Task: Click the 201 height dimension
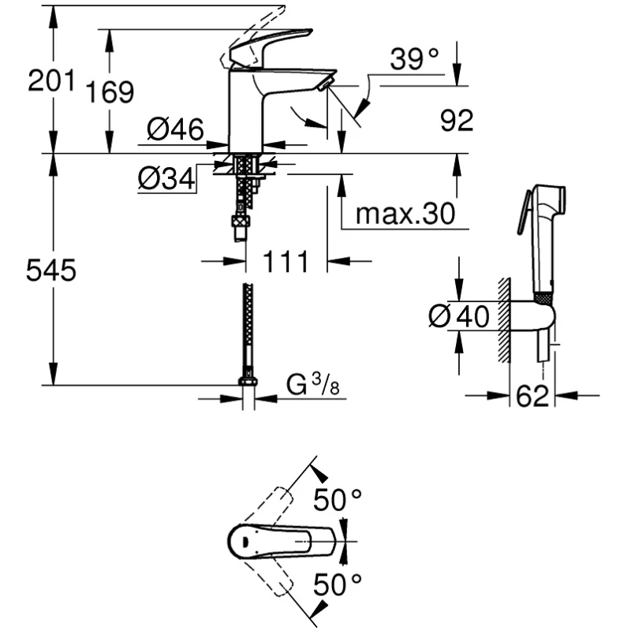tap(51, 80)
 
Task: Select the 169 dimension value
tap(110, 92)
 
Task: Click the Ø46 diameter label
tap(175, 128)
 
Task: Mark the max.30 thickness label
tap(405, 214)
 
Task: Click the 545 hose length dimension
tap(51, 271)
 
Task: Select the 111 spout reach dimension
tap(286, 261)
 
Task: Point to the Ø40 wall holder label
tap(459, 316)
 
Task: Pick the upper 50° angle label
tap(337, 500)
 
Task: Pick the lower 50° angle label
tap(337, 586)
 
